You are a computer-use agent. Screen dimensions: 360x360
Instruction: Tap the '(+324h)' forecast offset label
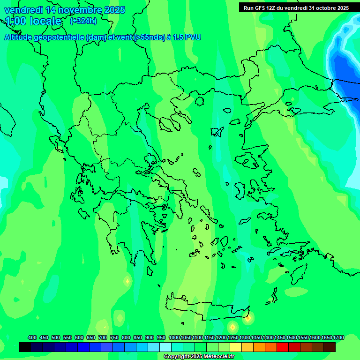pos(83,21)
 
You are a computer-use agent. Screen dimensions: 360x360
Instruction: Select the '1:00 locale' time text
pos(33,21)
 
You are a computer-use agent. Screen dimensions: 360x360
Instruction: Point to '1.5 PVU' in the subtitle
pos(187,37)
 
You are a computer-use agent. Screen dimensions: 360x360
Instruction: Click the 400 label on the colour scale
pos(32,337)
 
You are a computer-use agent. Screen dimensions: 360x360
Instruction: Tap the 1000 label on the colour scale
pos(174,337)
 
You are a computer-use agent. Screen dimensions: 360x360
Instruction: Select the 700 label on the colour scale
pos(103,337)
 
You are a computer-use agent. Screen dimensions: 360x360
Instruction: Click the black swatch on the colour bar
pos(25,347)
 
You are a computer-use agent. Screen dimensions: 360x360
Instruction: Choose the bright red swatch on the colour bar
pos(283,347)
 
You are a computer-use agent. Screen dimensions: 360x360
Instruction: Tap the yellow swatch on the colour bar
pos(236,347)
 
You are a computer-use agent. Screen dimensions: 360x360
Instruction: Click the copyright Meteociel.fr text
pos(199,357)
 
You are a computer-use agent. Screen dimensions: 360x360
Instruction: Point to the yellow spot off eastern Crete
pos(247,319)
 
